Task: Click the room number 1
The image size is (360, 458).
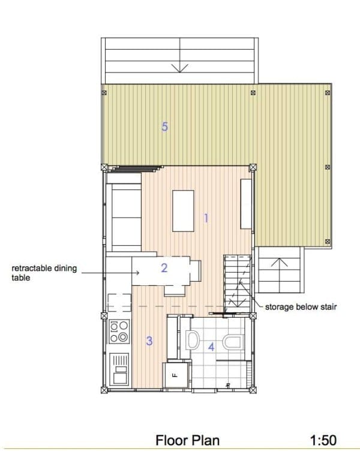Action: click(x=206, y=218)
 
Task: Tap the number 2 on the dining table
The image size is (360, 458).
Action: click(x=164, y=268)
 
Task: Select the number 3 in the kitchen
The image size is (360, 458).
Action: click(x=149, y=341)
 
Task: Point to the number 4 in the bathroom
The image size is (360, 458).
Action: click(x=211, y=346)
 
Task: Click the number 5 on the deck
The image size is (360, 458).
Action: click(x=164, y=126)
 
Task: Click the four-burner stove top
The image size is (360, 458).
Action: click(x=119, y=331)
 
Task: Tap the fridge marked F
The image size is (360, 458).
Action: click(x=175, y=376)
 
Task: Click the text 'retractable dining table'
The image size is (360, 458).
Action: click(x=44, y=273)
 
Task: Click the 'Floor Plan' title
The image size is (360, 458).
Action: click(x=187, y=441)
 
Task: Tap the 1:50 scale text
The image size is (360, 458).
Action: click(x=323, y=441)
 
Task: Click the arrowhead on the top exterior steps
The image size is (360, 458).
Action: click(x=180, y=67)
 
